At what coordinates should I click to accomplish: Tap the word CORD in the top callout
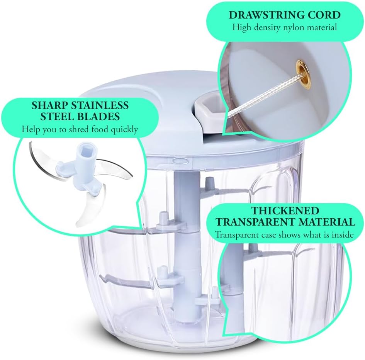click(323, 15)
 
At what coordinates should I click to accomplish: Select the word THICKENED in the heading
click(285, 211)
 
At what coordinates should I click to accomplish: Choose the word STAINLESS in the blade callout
click(101, 105)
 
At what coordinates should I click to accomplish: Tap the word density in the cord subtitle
click(265, 27)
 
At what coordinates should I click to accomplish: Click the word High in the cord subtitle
click(241, 27)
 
